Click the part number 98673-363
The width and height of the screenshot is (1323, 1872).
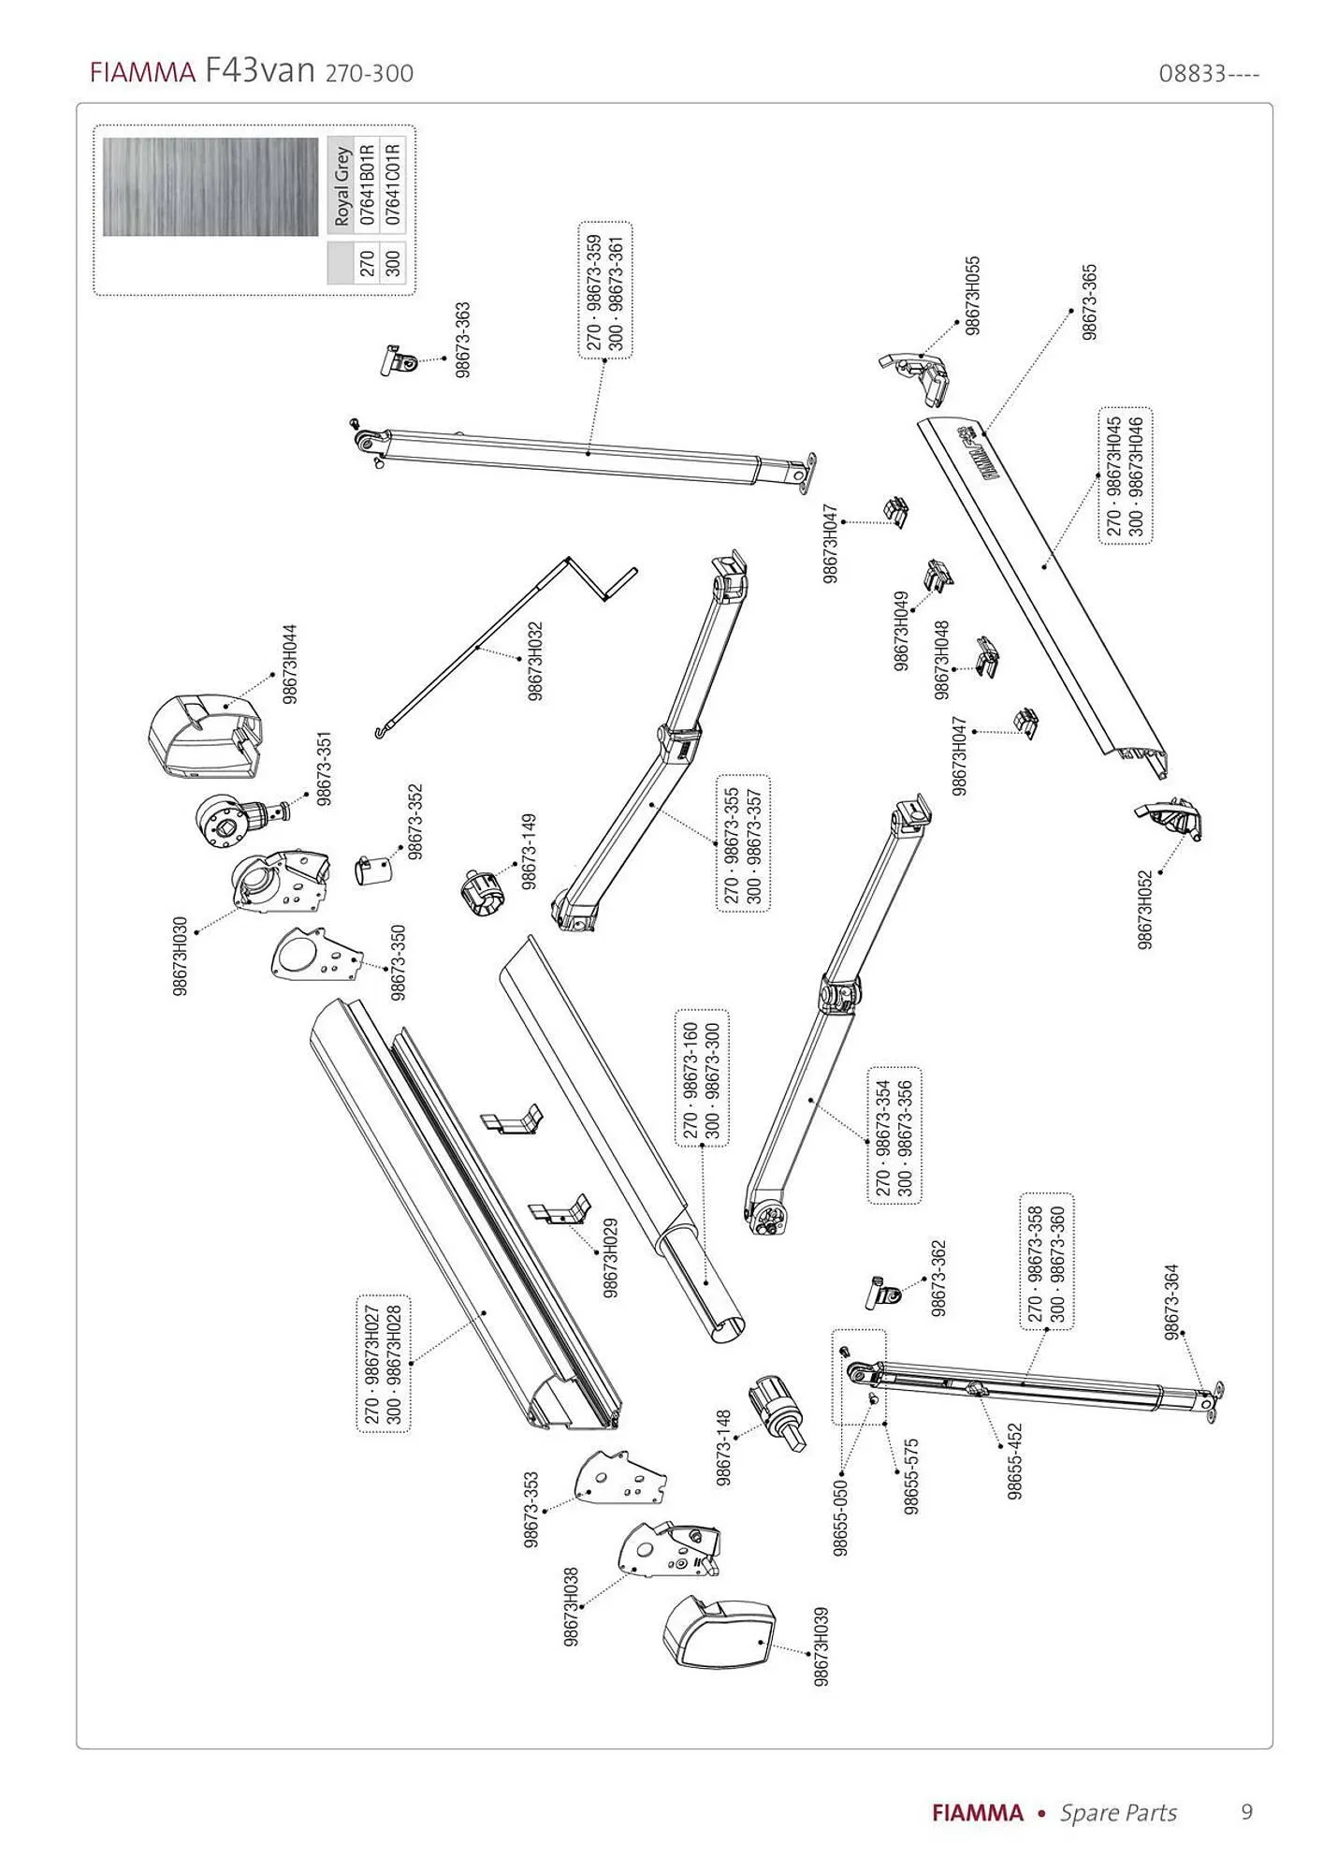[463, 340]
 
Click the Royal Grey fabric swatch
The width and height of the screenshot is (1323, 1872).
[211, 186]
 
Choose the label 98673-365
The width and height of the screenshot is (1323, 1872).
[1089, 301]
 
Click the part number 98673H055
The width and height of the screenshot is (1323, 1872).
[973, 295]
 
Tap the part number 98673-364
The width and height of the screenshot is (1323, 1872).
[1171, 1302]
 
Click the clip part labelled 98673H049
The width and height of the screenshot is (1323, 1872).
[938, 577]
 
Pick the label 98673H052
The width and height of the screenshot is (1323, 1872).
[1145, 910]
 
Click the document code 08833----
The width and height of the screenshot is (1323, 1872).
[1209, 74]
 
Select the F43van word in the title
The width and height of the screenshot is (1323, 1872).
[258, 71]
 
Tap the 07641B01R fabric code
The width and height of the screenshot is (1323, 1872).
[367, 183]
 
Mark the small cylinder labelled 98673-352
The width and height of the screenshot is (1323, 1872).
[374, 870]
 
